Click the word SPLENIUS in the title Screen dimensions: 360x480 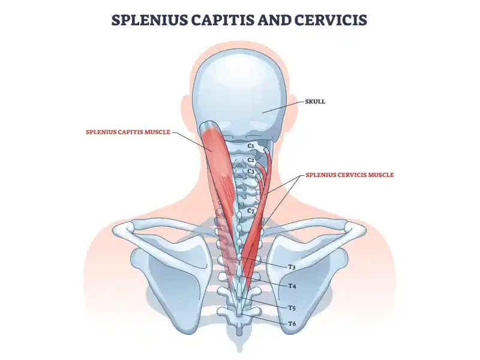152,20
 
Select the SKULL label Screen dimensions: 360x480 315,101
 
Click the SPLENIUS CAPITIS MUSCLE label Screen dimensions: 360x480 129,132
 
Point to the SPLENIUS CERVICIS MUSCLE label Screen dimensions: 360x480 349,175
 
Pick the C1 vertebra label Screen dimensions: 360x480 251,146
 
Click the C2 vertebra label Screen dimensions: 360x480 251,160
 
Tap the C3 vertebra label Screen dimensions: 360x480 251,172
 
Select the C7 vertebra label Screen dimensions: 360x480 252,211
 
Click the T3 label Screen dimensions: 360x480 292,266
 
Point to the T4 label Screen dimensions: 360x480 292,286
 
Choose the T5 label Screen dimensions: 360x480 292,307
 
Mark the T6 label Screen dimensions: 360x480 292,324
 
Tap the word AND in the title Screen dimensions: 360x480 278,20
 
